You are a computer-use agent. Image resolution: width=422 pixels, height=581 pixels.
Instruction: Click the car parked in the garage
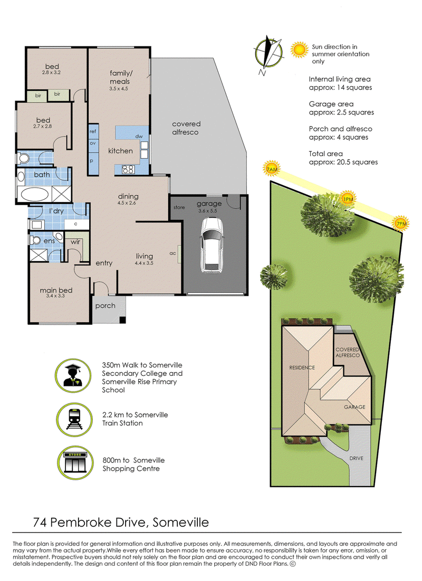(x=212, y=246)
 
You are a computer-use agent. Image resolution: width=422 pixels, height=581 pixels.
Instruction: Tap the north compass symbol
(x=268, y=53)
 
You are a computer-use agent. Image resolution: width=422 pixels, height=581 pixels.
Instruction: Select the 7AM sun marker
(x=272, y=169)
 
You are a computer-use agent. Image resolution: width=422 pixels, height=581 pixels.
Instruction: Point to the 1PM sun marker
(x=348, y=199)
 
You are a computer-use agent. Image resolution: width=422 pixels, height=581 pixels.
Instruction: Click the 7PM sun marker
(x=401, y=224)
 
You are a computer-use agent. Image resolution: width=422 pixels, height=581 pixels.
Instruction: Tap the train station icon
(x=74, y=420)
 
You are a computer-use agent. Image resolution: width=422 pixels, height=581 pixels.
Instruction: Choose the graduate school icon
(x=73, y=376)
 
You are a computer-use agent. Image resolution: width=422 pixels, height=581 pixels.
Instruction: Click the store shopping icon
(x=75, y=462)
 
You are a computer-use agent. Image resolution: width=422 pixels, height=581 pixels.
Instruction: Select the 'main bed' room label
(x=56, y=290)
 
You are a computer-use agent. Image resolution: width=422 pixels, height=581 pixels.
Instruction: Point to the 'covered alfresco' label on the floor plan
(x=186, y=128)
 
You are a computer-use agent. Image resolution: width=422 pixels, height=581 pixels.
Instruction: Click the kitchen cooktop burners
(x=128, y=169)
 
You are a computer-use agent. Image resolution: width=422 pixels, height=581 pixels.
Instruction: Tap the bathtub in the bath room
(x=35, y=194)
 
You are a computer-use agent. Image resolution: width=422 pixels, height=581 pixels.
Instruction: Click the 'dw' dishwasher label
(x=139, y=137)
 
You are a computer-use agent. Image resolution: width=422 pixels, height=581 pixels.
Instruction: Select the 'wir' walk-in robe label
(x=75, y=242)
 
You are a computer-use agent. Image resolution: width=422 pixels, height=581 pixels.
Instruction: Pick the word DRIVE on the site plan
(x=357, y=458)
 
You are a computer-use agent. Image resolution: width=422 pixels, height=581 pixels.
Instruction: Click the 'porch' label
(x=105, y=306)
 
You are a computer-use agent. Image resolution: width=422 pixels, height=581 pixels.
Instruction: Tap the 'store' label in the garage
(x=179, y=208)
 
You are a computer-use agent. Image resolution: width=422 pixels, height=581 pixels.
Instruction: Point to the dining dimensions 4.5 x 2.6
(x=127, y=203)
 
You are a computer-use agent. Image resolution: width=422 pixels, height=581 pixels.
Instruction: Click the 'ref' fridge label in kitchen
(x=93, y=131)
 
